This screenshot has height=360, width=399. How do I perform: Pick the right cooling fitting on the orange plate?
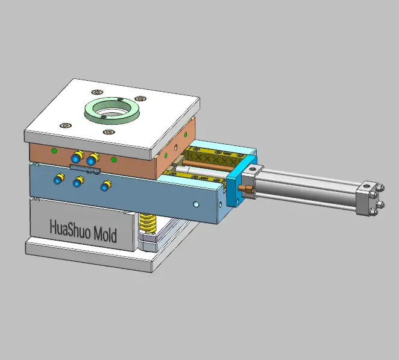(92, 160)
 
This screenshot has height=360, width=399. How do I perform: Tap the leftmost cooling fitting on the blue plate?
(59, 178)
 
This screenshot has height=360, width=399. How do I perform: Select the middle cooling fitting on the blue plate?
(78, 182)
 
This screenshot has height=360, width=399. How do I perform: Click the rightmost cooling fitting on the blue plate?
(106, 185)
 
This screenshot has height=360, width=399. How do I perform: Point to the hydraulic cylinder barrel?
(307, 187)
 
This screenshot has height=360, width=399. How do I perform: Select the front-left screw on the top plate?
(65, 125)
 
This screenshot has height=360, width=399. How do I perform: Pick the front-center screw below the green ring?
(108, 131)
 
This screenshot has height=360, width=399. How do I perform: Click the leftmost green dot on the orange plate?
(54, 150)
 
